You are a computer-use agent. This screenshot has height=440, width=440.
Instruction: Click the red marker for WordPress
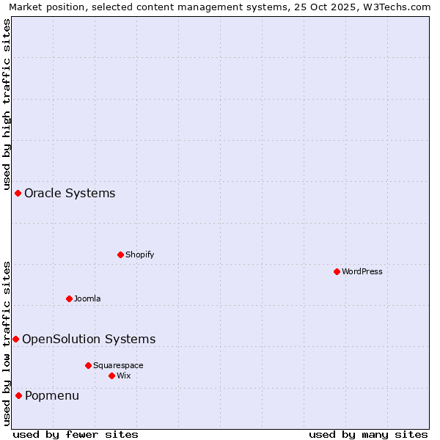tap(337, 271)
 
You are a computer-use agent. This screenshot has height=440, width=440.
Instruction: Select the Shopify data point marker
tap(120, 254)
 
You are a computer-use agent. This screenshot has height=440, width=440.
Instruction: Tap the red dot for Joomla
tap(69, 298)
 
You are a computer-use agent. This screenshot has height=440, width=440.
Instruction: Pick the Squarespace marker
tap(88, 365)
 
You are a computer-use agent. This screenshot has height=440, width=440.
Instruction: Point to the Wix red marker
tap(111, 375)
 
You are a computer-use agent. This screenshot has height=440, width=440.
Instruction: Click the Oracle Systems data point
tap(18, 193)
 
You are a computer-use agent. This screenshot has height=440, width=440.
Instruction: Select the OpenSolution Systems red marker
tap(15, 339)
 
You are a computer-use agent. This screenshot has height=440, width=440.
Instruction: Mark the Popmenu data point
tap(18, 396)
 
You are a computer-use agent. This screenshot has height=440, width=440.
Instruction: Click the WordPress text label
tap(362, 271)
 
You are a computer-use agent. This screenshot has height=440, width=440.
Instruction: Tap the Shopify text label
tap(139, 254)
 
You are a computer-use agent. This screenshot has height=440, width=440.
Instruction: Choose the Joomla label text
tap(87, 298)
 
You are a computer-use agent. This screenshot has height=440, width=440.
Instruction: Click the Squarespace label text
tap(118, 365)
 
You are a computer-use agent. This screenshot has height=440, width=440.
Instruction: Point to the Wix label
tap(124, 375)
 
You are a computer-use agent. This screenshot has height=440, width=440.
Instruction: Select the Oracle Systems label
tap(70, 194)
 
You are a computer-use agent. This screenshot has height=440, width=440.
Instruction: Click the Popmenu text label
tap(52, 396)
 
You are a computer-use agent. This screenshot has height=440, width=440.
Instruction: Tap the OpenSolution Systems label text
tap(89, 339)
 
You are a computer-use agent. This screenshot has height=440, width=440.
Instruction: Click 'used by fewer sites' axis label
tap(76, 434)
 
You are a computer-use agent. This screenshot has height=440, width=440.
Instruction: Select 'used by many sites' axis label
tap(368, 434)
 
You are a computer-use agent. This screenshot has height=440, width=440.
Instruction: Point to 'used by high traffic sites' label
tap(7, 103)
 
